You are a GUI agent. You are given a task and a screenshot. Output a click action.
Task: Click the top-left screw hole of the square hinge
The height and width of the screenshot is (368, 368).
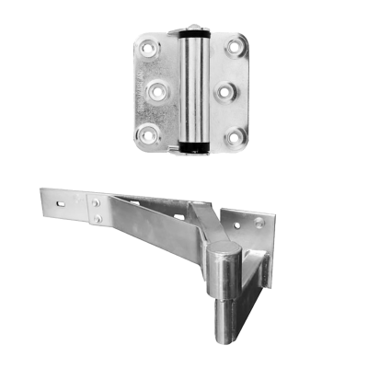[148, 46]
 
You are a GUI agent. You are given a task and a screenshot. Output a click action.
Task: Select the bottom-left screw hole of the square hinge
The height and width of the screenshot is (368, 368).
[148, 137]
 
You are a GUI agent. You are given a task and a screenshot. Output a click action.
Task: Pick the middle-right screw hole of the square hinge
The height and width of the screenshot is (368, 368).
[224, 92]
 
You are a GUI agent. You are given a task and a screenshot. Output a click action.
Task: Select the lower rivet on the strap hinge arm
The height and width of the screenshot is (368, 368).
[98, 218]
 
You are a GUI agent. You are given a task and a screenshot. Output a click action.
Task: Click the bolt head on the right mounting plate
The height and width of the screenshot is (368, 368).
[260, 222]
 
